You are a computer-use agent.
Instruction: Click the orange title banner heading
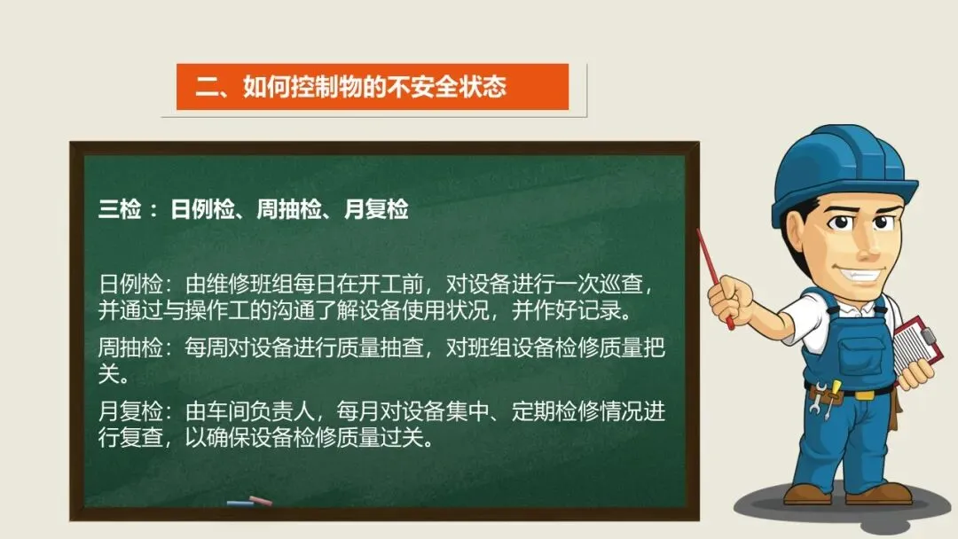(350, 87)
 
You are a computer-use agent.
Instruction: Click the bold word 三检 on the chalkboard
(120, 209)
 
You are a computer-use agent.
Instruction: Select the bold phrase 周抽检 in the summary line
(288, 209)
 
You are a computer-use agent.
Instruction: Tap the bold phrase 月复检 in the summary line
(376, 209)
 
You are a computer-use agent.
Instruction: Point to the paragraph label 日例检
(130, 285)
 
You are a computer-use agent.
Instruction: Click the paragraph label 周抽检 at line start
(130, 348)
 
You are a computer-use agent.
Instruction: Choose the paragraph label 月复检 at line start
(130, 411)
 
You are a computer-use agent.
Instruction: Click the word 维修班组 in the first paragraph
(249, 285)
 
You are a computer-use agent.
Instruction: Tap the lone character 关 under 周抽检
(109, 374)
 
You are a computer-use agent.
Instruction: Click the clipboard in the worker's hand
(916, 346)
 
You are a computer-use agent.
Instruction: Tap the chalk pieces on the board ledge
(249, 502)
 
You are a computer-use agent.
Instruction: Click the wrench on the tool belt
(818, 397)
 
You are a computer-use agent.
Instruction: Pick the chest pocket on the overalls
(862, 355)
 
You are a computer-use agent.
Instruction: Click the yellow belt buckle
(865, 394)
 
